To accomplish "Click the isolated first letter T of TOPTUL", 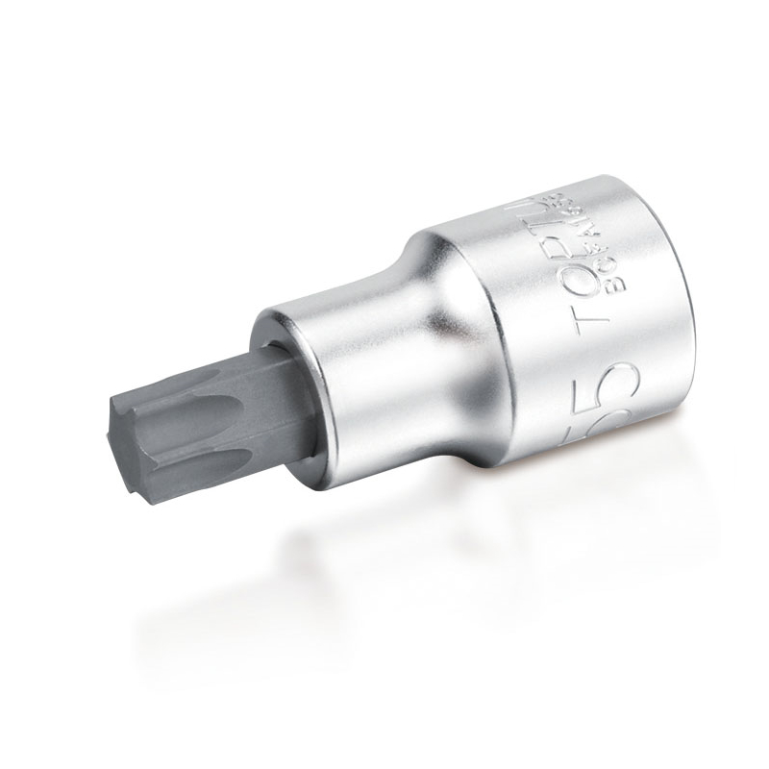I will click(x=588, y=323).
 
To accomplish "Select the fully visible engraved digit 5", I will click(x=608, y=384).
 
